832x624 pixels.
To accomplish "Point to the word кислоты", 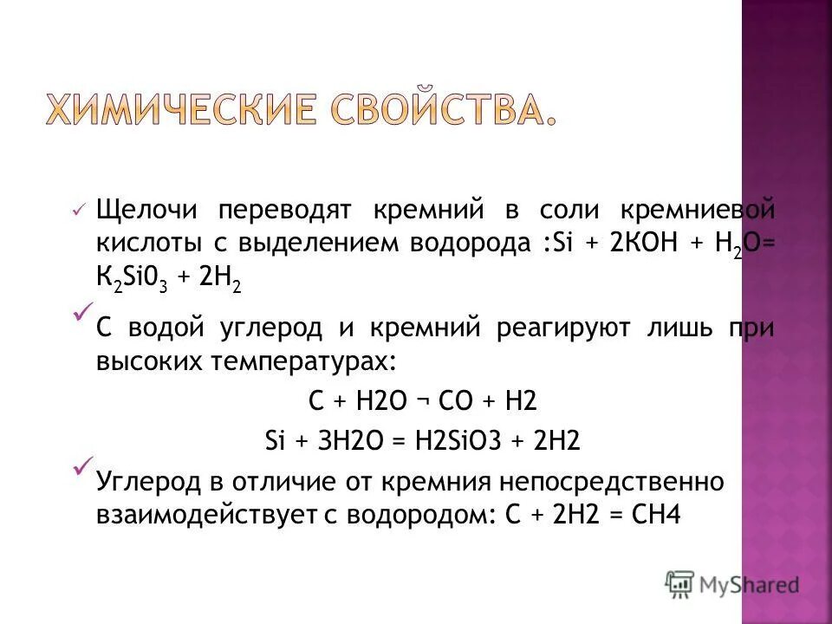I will click(x=142, y=244).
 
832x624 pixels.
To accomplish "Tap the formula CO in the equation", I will click(x=457, y=401).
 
